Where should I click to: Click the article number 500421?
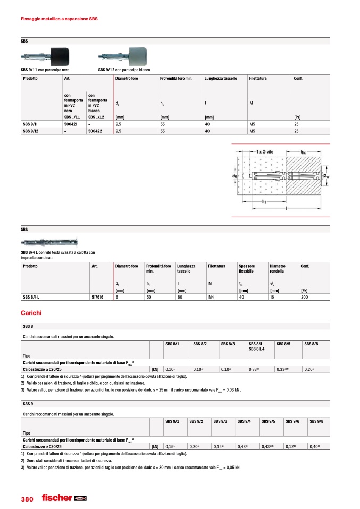click(x=70, y=124)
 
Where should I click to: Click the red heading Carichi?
click(x=31, y=313)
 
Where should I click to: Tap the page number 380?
click(x=27, y=499)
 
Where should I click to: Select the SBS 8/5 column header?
click(x=283, y=344)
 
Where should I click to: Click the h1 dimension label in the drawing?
click(x=264, y=202)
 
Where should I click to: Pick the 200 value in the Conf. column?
click(x=304, y=298)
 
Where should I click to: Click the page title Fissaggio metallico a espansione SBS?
click(x=58, y=19)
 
